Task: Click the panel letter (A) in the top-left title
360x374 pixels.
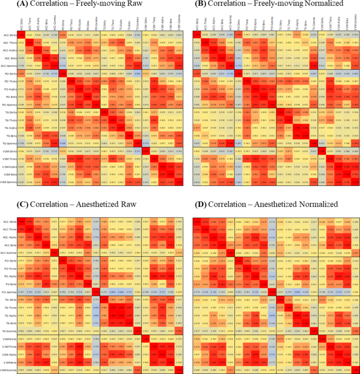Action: [x=24, y=5]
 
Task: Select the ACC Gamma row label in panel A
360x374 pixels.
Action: [x=8, y=66]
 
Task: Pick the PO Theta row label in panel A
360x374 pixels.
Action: [x=9, y=81]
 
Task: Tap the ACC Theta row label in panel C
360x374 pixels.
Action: [x=9, y=230]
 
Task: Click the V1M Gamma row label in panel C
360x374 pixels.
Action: [x=8, y=371]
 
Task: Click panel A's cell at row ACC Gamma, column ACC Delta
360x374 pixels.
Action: [x=21, y=66]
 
